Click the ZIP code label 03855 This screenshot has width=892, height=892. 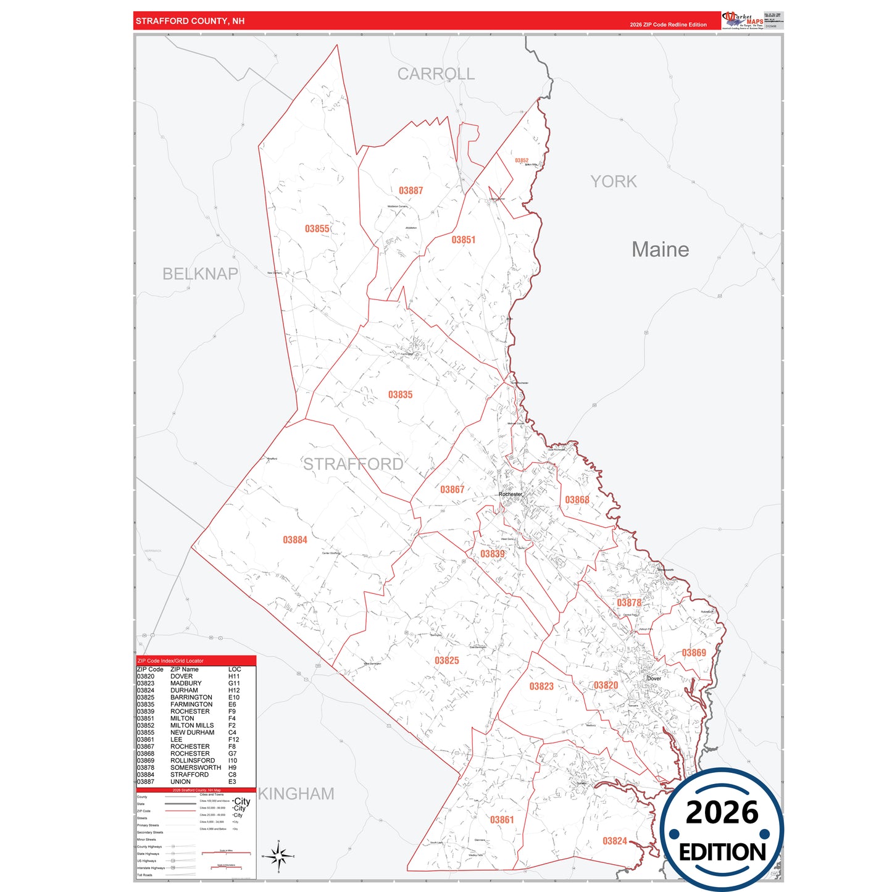[317, 229]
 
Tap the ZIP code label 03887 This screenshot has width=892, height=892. [411, 191]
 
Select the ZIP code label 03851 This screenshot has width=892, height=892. [463, 240]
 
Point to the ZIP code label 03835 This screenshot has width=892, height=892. [400, 395]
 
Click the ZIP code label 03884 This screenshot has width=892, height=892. [294, 540]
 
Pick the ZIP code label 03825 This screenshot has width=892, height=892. [446, 661]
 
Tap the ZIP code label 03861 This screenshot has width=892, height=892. [501, 820]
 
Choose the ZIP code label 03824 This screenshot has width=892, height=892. [614, 841]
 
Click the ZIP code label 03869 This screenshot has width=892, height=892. [693, 653]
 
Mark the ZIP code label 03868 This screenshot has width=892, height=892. [577, 500]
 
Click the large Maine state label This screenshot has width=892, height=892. [660, 249]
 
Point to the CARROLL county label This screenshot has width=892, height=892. [436, 74]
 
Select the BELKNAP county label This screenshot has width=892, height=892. [200, 273]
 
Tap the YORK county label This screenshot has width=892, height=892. [613, 181]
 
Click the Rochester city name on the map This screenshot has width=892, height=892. [510, 494]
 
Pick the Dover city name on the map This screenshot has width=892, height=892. [654, 678]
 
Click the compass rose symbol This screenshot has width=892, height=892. [278, 856]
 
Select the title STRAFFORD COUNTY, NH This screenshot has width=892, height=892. [190, 21]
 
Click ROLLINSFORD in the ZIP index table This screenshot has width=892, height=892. [193, 761]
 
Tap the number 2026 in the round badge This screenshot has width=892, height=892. [722, 812]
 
